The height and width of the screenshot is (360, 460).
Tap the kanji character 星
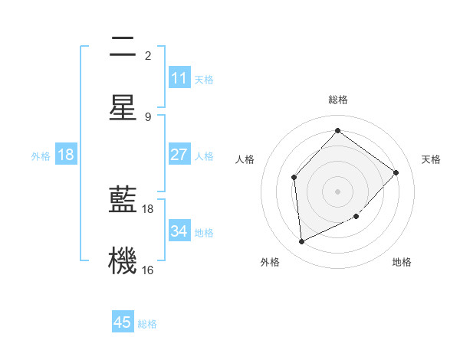click(123, 106)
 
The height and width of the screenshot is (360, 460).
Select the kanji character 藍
click(123, 200)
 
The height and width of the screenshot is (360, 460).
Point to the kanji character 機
click(123, 260)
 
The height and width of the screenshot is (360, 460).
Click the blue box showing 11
click(179, 78)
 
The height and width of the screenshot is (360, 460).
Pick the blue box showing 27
click(179, 155)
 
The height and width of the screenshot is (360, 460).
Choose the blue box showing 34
click(179, 231)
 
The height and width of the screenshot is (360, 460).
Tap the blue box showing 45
click(123, 322)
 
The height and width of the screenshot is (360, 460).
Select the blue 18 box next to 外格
click(66, 155)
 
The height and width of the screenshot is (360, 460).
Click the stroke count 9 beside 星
click(148, 116)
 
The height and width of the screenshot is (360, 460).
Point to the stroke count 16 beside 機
click(148, 270)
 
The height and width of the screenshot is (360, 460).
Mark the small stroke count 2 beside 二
click(148, 55)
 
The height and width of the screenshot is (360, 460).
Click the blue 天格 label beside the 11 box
click(204, 79)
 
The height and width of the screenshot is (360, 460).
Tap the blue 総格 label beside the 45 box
click(147, 323)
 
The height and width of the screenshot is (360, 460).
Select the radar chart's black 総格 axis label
click(337, 100)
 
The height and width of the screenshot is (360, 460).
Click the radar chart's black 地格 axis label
click(402, 262)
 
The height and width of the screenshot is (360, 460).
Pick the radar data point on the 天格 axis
click(396, 172)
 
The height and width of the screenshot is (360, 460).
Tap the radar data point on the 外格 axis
click(301, 241)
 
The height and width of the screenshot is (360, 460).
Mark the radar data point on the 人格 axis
click(294, 178)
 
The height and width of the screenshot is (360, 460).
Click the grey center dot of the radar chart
click(337, 191)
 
